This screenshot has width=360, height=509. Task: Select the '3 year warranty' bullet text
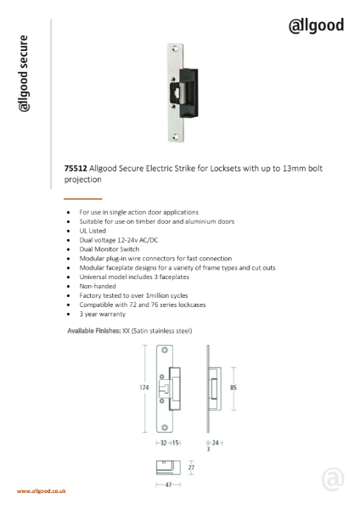pyautogui.click(x=101, y=315)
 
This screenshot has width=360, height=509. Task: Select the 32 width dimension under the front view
pyautogui.click(x=163, y=443)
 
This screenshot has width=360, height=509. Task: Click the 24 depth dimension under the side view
pyautogui.click(x=217, y=443)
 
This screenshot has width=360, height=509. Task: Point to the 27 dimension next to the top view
pyautogui.click(x=190, y=467)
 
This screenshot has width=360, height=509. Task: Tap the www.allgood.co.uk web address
pyautogui.click(x=42, y=491)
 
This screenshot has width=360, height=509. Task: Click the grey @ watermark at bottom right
pyautogui.click(x=333, y=479)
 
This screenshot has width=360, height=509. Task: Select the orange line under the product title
pyautogui.click(x=82, y=197)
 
